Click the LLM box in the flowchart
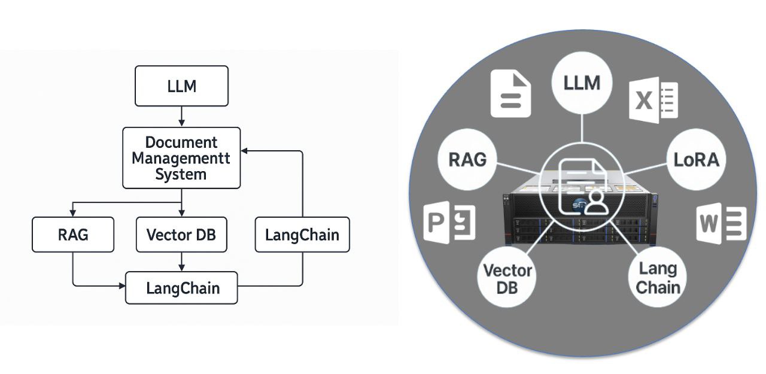click(181, 86)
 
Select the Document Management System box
click(181, 159)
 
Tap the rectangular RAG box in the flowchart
click(72, 235)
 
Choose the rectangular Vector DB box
click(181, 235)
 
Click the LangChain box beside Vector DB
click(302, 235)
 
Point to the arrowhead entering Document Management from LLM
click(181, 123)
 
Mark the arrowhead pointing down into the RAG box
click(72, 214)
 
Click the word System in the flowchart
click(181, 174)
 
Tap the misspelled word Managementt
click(181, 159)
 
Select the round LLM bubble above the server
click(582, 83)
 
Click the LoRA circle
click(696, 160)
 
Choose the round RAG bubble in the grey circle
click(467, 160)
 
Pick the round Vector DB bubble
click(507, 278)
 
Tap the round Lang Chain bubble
click(658, 277)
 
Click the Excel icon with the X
click(653, 101)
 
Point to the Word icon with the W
click(721, 223)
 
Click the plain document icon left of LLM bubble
click(510, 94)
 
